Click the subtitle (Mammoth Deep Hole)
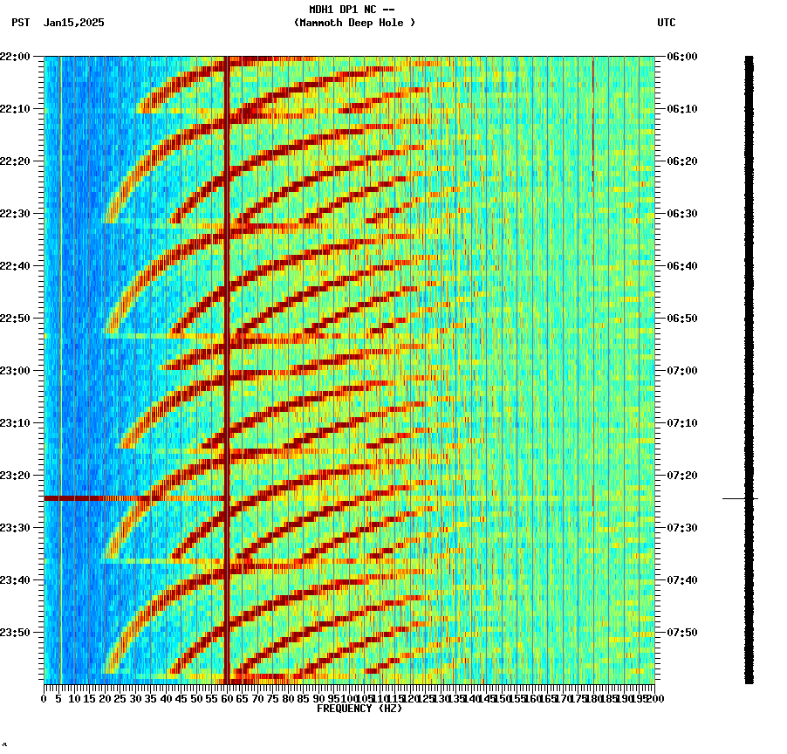click(x=354, y=23)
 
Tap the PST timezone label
click(x=20, y=23)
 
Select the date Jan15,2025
click(x=73, y=23)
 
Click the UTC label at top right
click(x=666, y=23)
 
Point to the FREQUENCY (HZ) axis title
click(x=359, y=709)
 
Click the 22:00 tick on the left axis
click(x=17, y=57)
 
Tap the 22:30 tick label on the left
click(x=17, y=214)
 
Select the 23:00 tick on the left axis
click(x=17, y=371)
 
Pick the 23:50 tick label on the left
click(x=17, y=633)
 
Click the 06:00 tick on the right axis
click(x=682, y=57)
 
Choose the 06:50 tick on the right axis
click(x=682, y=319)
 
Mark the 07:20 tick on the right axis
click(x=682, y=476)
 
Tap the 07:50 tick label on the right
click(x=682, y=633)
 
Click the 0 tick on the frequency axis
click(x=44, y=698)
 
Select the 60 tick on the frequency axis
click(x=227, y=698)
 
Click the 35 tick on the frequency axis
click(x=151, y=698)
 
